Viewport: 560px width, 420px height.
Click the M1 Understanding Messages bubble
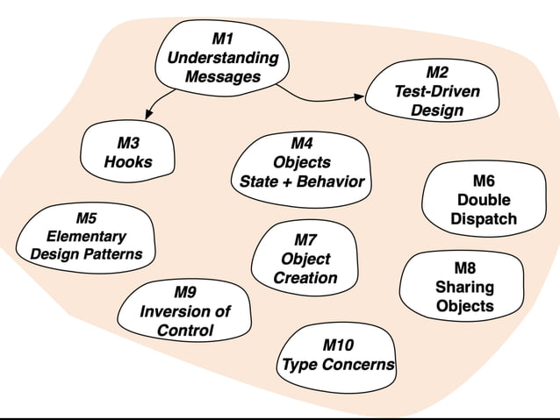click(222, 58)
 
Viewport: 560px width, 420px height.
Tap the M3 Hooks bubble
click(128, 152)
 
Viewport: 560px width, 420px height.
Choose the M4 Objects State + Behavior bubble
click(301, 162)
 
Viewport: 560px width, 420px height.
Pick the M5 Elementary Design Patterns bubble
click(86, 236)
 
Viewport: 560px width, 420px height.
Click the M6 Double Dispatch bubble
click(483, 200)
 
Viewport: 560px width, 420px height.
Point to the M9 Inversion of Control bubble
click(185, 311)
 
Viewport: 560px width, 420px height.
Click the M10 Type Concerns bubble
click(338, 354)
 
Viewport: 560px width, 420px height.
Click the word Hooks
click(128, 162)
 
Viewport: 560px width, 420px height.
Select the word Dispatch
click(484, 219)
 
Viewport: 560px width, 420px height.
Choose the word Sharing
click(464, 287)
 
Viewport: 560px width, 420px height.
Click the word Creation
click(305, 278)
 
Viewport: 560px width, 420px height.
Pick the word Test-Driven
click(437, 91)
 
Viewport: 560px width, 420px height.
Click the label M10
click(339, 344)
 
